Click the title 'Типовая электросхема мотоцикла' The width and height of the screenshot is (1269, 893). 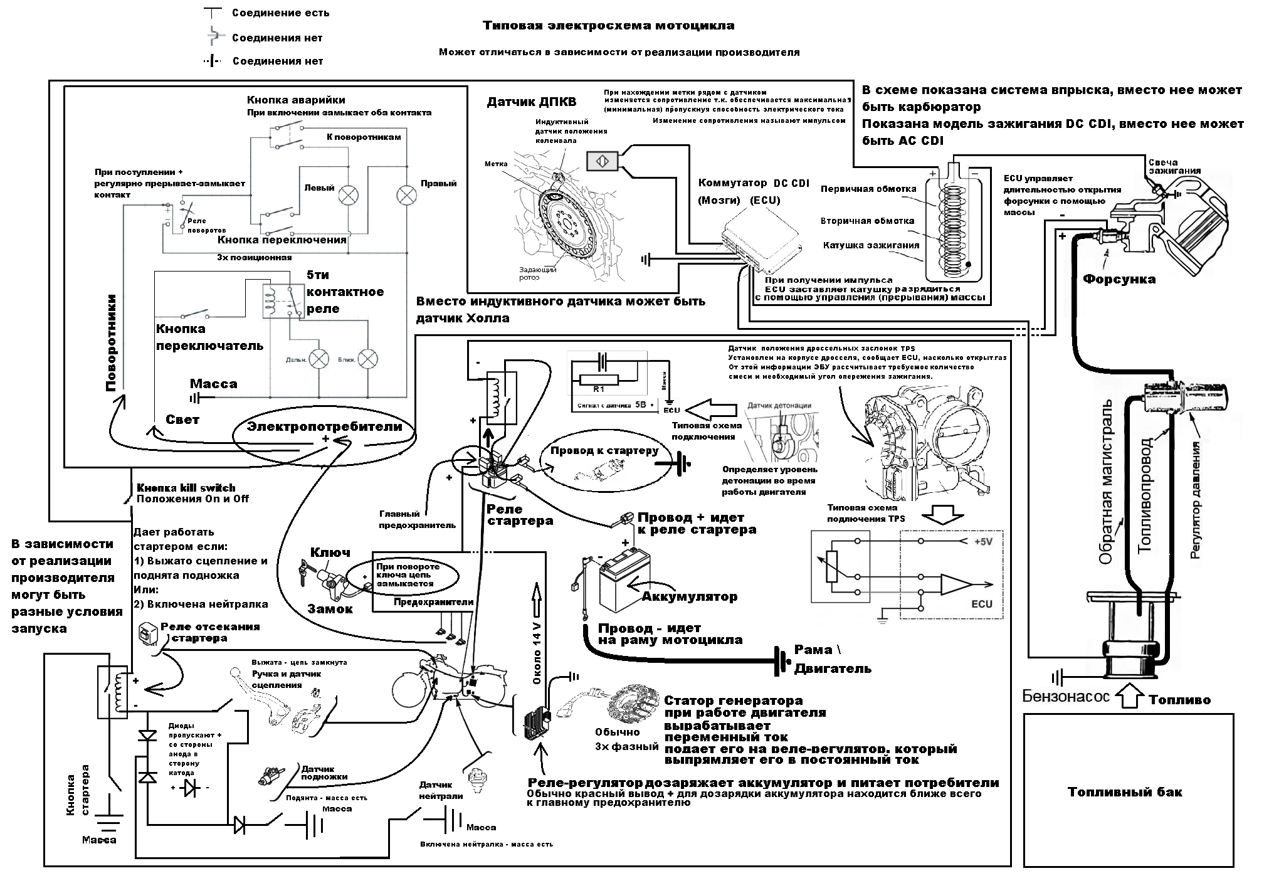[x=608, y=26]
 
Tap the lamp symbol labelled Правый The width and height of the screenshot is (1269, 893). [x=407, y=195]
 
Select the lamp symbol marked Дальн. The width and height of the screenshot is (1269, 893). [x=320, y=359]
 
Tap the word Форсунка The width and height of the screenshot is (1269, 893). [x=1119, y=279]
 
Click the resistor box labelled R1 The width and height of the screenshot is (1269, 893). [x=599, y=379]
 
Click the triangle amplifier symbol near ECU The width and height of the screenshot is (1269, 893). [x=955, y=584]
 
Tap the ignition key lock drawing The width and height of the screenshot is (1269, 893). [x=327, y=578]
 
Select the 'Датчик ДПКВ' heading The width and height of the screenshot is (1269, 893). [x=531, y=102]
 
